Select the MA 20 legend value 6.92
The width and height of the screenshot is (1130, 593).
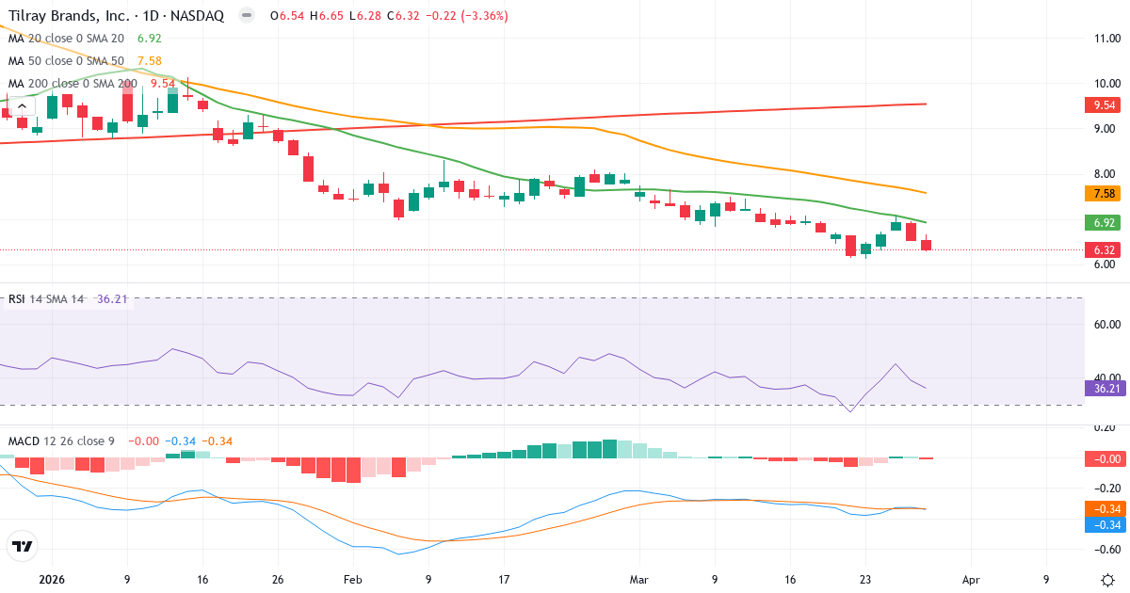coord(150,39)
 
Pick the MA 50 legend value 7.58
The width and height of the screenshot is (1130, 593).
coord(150,61)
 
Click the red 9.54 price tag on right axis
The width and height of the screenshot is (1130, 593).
coord(1105,105)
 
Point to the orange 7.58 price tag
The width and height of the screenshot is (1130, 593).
coord(1105,194)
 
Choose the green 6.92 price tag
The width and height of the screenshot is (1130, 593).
coord(1105,223)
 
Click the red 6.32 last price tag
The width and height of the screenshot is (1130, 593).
coord(1105,250)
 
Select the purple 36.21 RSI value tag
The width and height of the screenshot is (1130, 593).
coord(1105,388)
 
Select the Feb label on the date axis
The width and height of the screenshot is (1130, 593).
coord(351,580)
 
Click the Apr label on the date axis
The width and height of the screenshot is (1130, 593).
coord(972,580)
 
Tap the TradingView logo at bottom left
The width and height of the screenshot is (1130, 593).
coord(23,546)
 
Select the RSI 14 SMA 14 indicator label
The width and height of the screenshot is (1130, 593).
coord(46,299)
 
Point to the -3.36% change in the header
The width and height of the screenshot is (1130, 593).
coord(481,16)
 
